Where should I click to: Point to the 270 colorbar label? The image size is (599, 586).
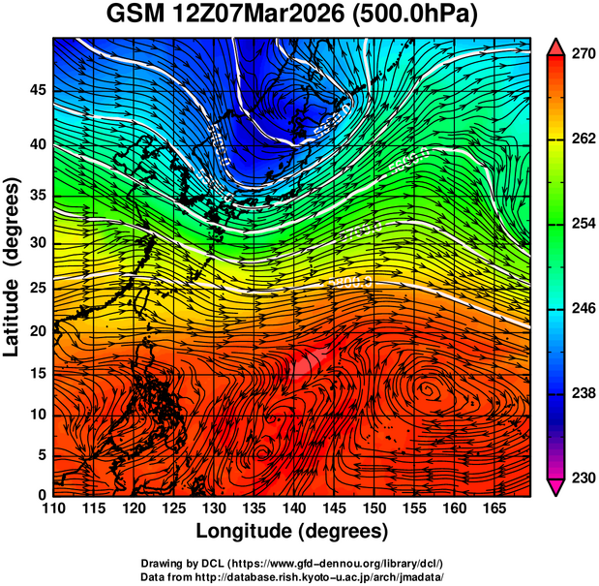click(582, 55)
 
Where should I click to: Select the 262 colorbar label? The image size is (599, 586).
click(582, 139)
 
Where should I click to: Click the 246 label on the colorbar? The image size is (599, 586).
click(582, 308)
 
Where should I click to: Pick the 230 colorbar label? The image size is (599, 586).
click(582, 478)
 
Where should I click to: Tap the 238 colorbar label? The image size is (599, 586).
click(582, 393)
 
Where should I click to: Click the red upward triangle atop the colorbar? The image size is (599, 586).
click(556, 46)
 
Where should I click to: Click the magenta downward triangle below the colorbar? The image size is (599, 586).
click(556, 487)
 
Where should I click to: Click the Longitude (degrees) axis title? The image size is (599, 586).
click(292, 531)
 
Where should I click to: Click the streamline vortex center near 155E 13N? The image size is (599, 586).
click(427, 389)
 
